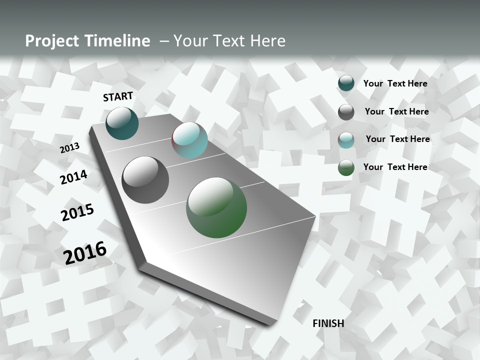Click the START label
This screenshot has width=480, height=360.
click(x=118, y=96)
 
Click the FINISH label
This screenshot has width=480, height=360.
click(x=328, y=323)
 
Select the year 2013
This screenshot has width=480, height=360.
click(x=69, y=148)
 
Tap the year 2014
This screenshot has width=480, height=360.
click(x=73, y=177)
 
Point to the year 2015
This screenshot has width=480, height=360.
click(x=77, y=212)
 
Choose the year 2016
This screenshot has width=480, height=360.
click(x=85, y=253)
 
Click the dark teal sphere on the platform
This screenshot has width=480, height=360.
click(x=122, y=123)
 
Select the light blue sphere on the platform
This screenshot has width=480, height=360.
click(x=189, y=140)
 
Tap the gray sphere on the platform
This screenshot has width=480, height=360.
click(x=145, y=180)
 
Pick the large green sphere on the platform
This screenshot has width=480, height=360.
click(x=216, y=207)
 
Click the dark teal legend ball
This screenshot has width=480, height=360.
click(x=346, y=83)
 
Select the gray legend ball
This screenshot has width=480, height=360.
click(x=346, y=112)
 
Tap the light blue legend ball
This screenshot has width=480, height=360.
click(x=346, y=140)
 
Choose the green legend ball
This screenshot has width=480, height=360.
click(x=346, y=167)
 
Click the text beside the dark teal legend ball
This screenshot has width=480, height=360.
click(x=395, y=83)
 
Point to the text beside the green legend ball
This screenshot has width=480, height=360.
click(x=395, y=167)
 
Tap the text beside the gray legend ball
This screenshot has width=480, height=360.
click(x=396, y=111)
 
